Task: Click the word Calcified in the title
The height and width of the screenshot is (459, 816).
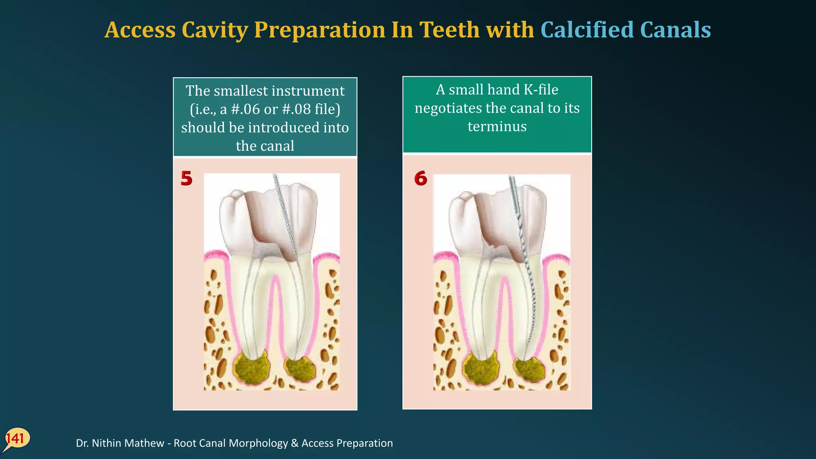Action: click(586, 30)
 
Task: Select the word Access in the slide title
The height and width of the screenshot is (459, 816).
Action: click(140, 30)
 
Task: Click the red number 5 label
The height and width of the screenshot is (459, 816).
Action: click(186, 178)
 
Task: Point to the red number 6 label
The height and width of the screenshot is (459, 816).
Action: click(420, 178)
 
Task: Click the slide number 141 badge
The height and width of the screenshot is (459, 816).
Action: click(16, 439)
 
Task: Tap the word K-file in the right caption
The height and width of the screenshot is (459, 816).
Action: click(541, 90)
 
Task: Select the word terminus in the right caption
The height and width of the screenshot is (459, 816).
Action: click(497, 126)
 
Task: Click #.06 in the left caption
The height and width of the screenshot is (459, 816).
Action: click(245, 109)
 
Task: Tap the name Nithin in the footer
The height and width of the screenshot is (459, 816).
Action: click(108, 443)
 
